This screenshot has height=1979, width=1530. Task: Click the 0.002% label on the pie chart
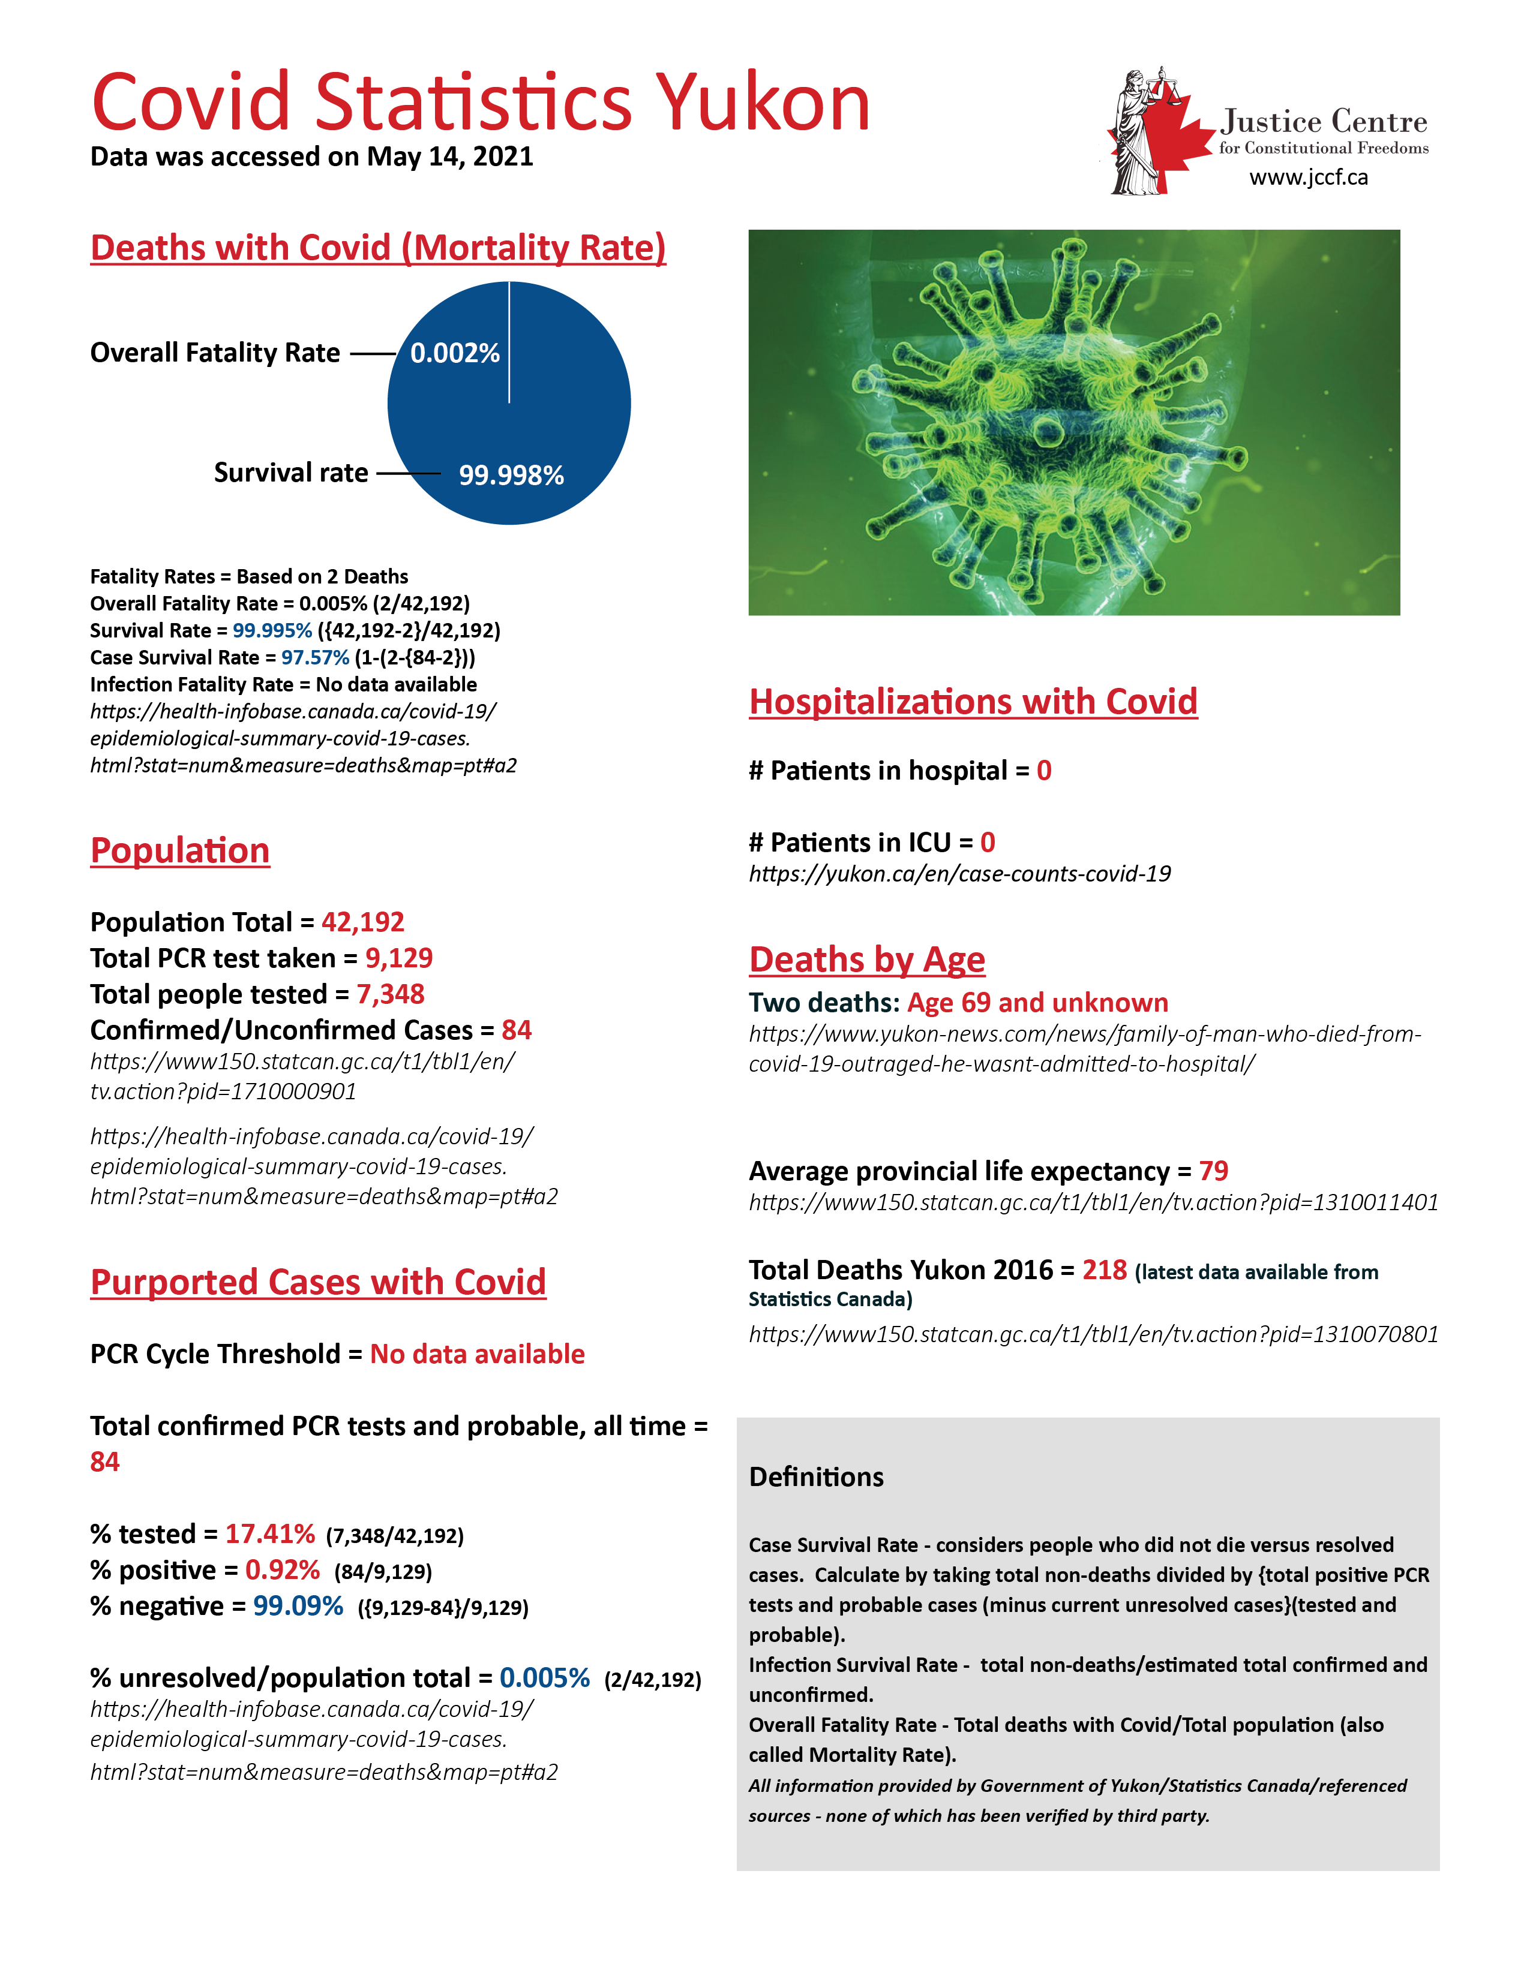click(x=455, y=353)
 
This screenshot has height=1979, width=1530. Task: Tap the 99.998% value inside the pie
click(x=511, y=475)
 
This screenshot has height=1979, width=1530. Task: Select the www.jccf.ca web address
click(x=1308, y=178)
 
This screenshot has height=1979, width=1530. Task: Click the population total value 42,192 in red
click(x=362, y=922)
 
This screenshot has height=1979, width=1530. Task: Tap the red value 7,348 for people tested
click(x=390, y=994)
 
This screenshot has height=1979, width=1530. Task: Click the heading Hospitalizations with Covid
click(x=973, y=702)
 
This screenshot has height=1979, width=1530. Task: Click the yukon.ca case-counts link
click(x=959, y=874)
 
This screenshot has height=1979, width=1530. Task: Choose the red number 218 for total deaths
click(x=1104, y=1270)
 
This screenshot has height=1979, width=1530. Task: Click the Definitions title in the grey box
click(x=816, y=1477)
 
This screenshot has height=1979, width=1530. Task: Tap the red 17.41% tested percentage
click(x=270, y=1534)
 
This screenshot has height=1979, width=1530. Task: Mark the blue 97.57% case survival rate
click(x=314, y=658)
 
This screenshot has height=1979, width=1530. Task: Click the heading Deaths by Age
click(x=866, y=959)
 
